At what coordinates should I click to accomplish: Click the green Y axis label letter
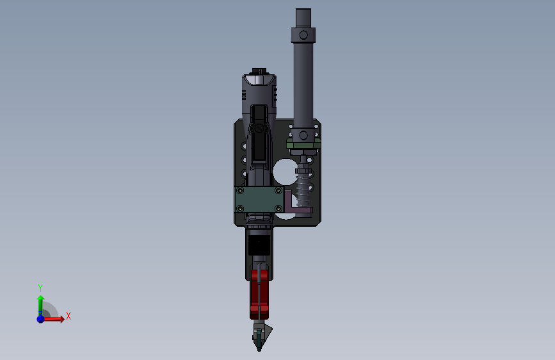40,288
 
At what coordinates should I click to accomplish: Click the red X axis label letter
68,316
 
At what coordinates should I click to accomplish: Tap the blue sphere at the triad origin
41,319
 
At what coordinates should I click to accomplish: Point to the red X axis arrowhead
62,319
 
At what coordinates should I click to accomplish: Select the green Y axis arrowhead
41,299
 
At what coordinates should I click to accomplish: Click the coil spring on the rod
303,190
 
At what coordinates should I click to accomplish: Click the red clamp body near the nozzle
259,294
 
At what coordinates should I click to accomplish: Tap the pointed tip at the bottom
259,350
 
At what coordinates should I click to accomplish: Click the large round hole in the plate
285,172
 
